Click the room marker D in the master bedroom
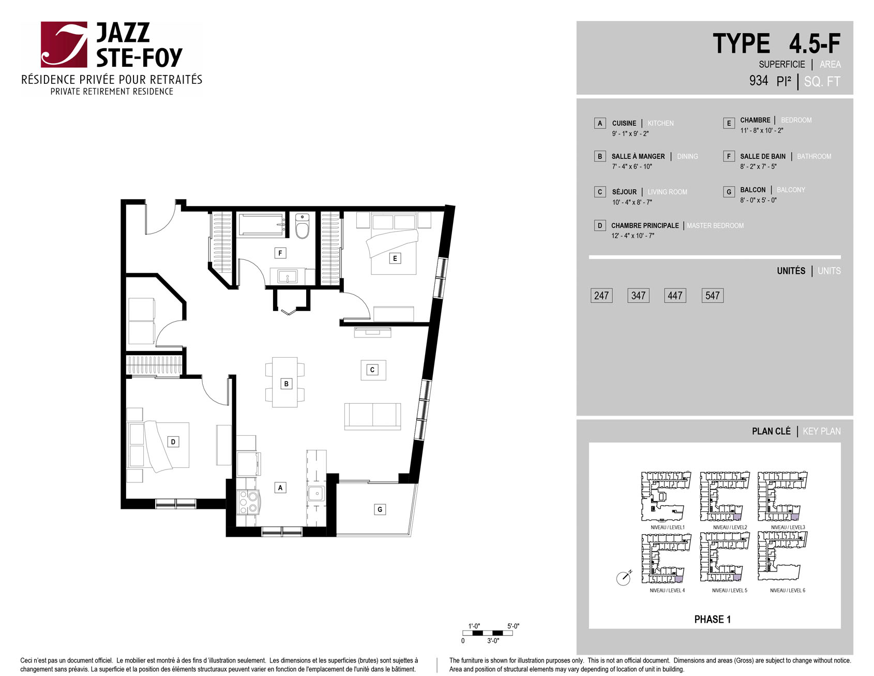[173, 442]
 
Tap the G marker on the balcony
[380, 509]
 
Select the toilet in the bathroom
[302, 226]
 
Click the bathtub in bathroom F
[262, 225]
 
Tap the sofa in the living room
[372, 416]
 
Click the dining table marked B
[285, 383]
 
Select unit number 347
[638, 296]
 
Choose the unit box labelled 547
[712, 296]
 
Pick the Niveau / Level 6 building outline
[782, 557]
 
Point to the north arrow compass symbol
[624, 578]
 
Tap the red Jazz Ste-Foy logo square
[64, 45]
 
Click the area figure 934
[759, 81]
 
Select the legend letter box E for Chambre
[729, 123]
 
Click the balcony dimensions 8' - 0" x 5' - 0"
[758, 200]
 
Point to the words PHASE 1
[712, 619]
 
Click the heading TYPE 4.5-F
[776, 43]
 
